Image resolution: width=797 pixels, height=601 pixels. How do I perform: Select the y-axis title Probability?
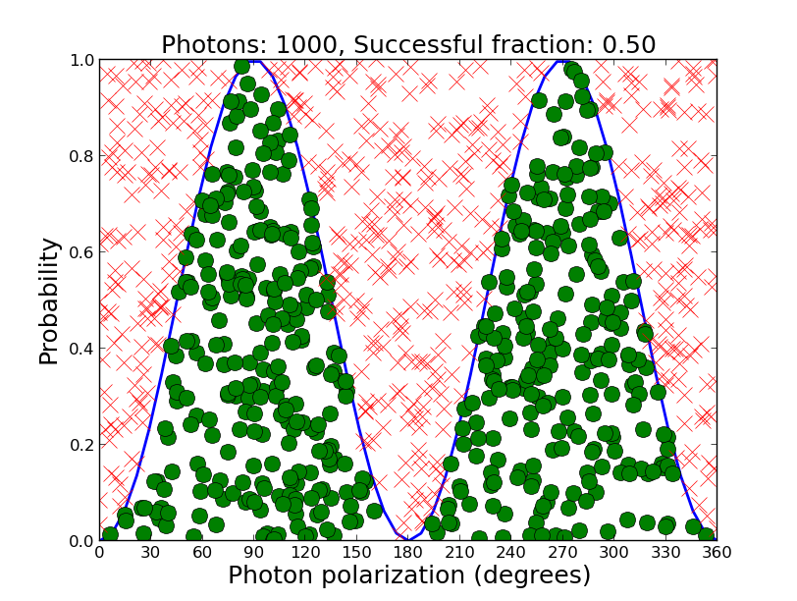pyautogui.click(x=49, y=300)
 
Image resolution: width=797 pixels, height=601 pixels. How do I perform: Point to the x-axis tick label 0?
pyautogui.click(x=99, y=553)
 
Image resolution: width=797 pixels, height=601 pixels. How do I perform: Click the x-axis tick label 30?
pyautogui.click(x=150, y=553)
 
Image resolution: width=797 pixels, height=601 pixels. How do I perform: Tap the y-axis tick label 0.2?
pyautogui.click(x=80, y=445)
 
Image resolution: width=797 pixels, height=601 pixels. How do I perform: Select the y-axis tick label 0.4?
pyautogui.click(x=80, y=349)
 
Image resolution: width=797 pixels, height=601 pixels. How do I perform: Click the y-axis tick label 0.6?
pyautogui.click(x=80, y=252)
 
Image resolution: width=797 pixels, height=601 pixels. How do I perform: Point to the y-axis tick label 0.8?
pyautogui.click(x=80, y=156)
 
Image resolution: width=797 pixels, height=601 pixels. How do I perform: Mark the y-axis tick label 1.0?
pyautogui.click(x=80, y=61)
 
